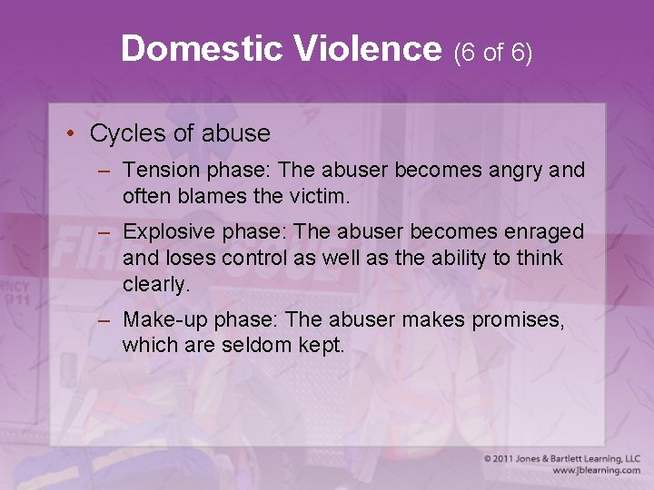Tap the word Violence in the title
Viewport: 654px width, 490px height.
[367, 48]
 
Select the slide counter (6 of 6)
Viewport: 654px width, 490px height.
[492, 52]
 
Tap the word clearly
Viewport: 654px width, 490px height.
[156, 283]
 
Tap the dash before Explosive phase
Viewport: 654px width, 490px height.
[105, 233]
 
